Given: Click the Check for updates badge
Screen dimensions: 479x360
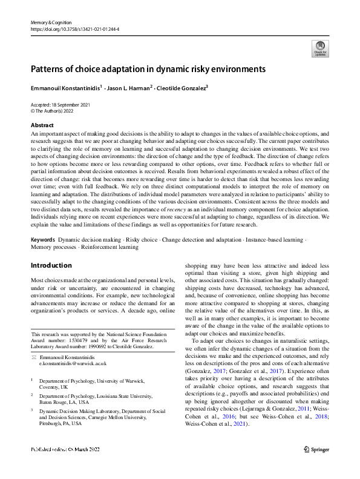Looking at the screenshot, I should coord(318,48).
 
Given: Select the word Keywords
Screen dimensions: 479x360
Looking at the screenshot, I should coord(42,240).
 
